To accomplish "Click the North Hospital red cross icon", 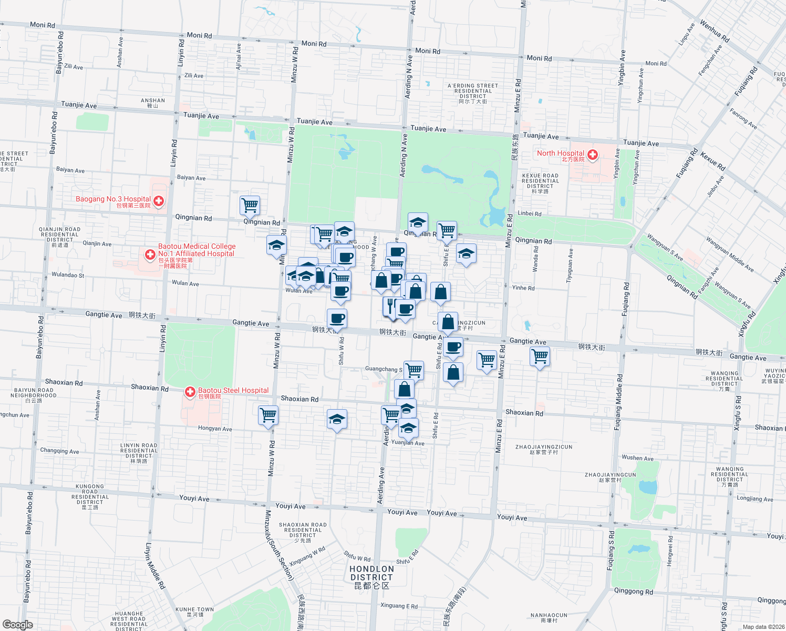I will click(x=593, y=155).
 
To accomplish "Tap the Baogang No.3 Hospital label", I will click(x=113, y=199).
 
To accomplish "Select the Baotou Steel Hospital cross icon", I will click(x=190, y=392).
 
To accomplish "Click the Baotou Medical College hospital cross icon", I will click(x=150, y=255).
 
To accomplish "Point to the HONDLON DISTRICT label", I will click(x=371, y=573).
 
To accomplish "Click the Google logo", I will click(x=17, y=624).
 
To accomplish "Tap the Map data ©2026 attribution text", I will click(x=761, y=627).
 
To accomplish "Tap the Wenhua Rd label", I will click(x=715, y=32).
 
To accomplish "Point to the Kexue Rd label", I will click(x=713, y=162).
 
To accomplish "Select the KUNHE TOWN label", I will click(x=194, y=612).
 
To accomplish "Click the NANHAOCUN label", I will click(x=549, y=617).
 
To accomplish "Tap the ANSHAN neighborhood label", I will click(x=152, y=103).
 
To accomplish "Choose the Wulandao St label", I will click(x=68, y=275).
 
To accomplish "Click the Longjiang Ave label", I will click(x=755, y=498).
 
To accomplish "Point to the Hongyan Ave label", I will click(x=215, y=429).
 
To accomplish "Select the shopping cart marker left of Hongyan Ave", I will click(x=268, y=415).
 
